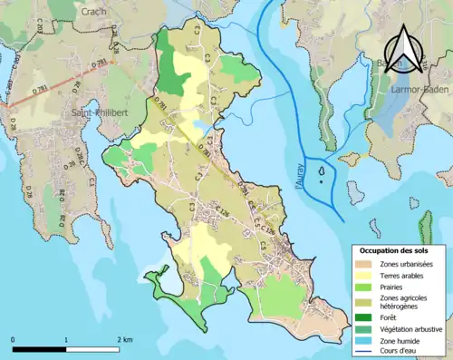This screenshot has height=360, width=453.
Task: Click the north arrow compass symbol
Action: pyautogui.click(x=404, y=49)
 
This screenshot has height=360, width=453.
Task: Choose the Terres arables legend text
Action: pyautogui.click(x=406, y=276)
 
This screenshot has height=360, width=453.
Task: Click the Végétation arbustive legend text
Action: pyautogui.click(x=413, y=329)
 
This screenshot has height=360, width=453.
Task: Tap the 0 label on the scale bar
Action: pyautogui.click(x=13, y=339)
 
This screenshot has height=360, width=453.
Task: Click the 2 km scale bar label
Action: pyautogui.click(x=126, y=339)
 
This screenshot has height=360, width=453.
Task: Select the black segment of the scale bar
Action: pyautogui.click(x=39, y=349)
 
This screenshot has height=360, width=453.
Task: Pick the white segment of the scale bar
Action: pyautogui.click(x=92, y=349)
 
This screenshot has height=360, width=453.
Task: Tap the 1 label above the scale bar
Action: pyautogui.click(x=66, y=339)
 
